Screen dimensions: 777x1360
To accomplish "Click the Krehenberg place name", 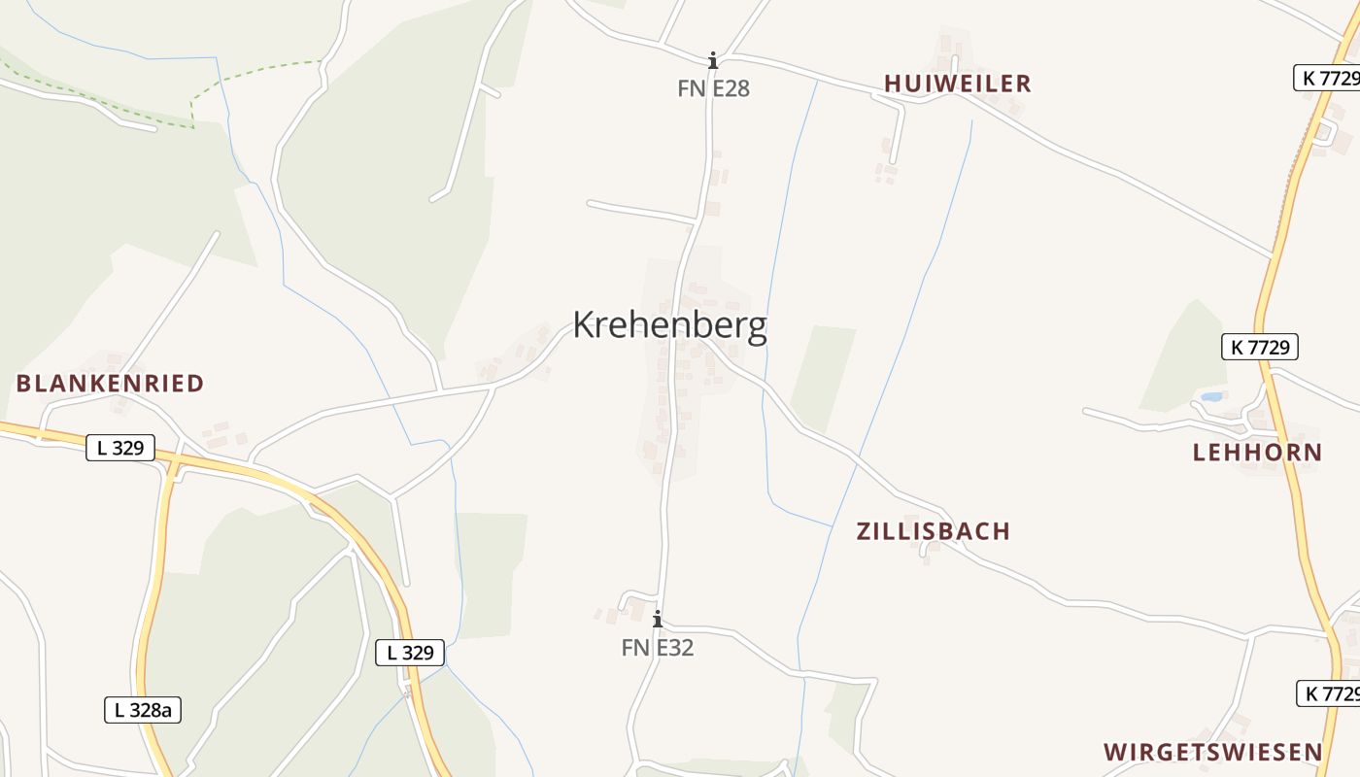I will click(669, 325).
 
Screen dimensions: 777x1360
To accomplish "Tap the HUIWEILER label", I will click(957, 84).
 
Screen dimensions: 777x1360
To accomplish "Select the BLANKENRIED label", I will click(110, 384).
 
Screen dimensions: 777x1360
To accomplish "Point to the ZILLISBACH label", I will click(933, 531).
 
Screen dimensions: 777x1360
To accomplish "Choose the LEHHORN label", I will click(1257, 453).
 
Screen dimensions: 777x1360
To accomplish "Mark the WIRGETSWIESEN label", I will click(1212, 752).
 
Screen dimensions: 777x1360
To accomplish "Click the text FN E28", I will click(713, 88).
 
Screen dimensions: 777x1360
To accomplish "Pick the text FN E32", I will click(658, 648).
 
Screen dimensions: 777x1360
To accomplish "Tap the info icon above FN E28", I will click(713, 60).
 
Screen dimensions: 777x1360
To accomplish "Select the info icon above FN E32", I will click(658, 619).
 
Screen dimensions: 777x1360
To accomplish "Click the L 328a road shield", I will click(143, 710).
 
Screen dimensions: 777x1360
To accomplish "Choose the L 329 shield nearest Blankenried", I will click(120, 448).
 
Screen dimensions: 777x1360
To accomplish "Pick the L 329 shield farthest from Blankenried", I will click(410, 653).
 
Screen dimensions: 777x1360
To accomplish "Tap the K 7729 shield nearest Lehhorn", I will click(1259, 347).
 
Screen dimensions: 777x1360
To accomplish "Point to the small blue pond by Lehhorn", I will click(1210, 396).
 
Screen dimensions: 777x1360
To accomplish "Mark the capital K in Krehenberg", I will click(583, 325).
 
